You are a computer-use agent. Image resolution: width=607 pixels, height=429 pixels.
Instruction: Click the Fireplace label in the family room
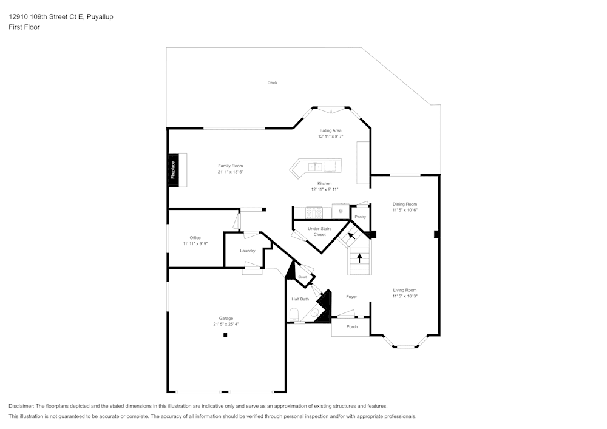(x=173, y=170)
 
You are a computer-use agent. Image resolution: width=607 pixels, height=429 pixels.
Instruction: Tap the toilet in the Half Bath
(x=294, y=314)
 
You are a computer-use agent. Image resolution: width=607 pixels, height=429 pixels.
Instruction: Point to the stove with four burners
(x=314, y=212)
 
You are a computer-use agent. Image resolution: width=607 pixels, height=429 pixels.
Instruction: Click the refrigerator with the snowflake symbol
(x=341, y=212)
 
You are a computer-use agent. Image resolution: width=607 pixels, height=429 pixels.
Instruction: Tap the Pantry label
(x=360, y=217)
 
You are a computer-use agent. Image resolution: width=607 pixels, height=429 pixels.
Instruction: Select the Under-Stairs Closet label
(x=319, y=231)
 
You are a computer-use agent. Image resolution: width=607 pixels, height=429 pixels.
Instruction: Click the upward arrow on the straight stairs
(x=359, y=257)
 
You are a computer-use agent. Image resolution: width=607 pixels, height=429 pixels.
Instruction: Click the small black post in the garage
(x=225, y=335)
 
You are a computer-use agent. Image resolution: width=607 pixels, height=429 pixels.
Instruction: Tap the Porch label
(x=351, y=327)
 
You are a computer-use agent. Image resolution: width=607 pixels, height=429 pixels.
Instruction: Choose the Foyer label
(x=351, y=297)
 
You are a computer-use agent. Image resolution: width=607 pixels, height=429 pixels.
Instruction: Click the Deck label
(x=272, y=83)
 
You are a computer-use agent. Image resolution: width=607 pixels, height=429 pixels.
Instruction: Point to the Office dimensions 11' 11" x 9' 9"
(x=195, y=243)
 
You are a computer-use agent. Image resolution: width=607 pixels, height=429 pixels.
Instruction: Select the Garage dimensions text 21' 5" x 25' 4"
(x=226, y=324)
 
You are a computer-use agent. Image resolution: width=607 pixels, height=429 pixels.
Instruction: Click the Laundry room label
(x=247, y=251)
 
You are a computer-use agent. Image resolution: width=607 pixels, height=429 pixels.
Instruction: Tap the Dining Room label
(x=404, y=204)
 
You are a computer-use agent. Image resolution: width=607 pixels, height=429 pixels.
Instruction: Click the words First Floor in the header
(x=24, y=27)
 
